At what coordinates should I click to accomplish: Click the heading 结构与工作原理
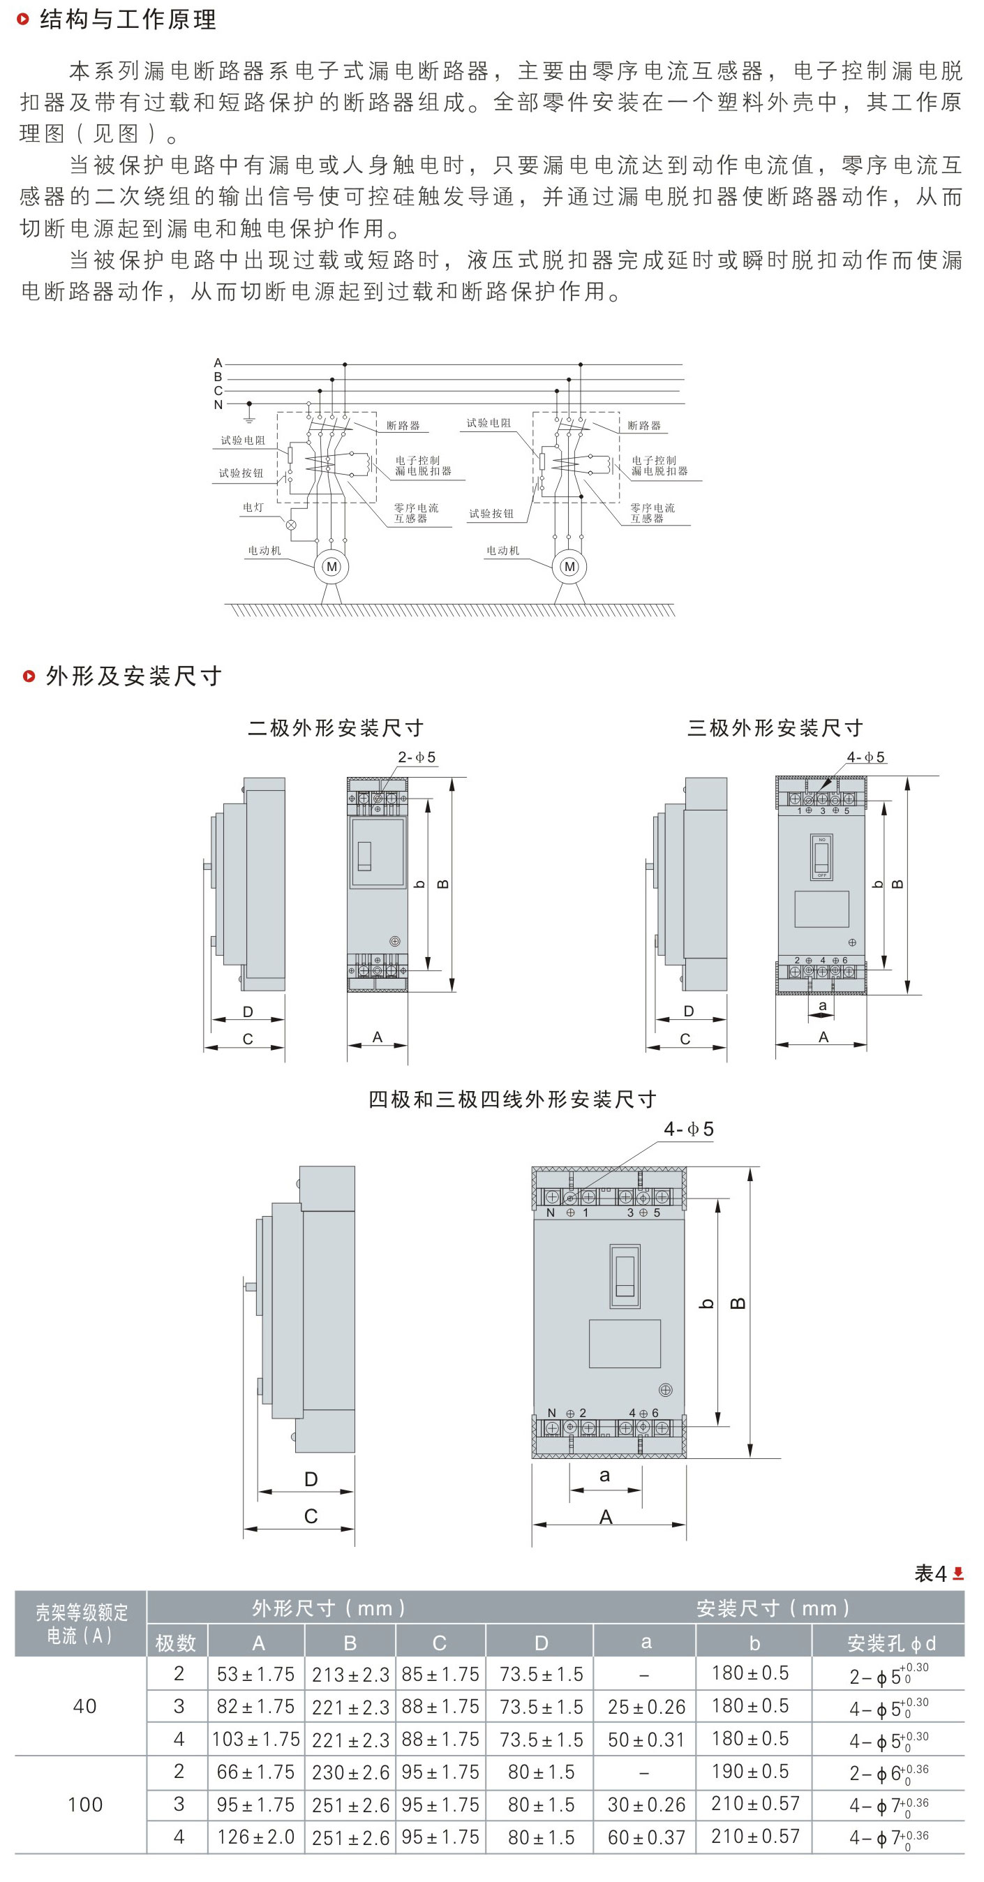(x=127, y=20)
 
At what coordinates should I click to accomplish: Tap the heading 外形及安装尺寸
(x=133, y=676)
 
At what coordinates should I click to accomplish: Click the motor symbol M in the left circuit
(x=331, y=566)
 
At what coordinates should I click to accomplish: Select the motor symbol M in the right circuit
(x=569, y=566)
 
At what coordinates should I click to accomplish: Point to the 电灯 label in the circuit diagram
(x=253, y=507)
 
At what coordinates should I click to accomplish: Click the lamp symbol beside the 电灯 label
(x=291, y=524)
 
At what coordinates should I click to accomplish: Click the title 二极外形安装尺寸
(x=335, y=727)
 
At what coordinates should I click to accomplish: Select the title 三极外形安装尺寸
(x=775, y=727)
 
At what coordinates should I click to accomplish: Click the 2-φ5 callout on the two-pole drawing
(x=417, y=757)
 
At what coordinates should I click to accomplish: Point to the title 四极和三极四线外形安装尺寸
(x=512, y=1099)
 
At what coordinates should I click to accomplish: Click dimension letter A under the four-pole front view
(x=606, y=1517)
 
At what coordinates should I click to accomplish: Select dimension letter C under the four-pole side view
(x=311, y=1516)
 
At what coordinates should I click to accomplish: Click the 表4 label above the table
(x=930, y=1573)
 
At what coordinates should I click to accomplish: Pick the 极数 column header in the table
(x=176, y=1643)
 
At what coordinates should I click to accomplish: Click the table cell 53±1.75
(x=255, y=1674)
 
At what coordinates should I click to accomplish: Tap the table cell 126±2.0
(x=255, y=1836)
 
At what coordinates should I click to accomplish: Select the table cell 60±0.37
(x=646, y=1836)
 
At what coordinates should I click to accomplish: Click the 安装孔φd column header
(x=890, y=1643)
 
